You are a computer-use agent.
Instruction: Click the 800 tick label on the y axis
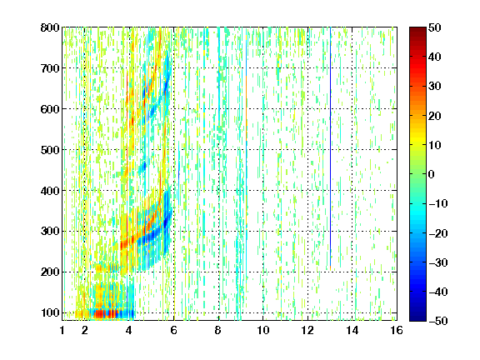point(50,27)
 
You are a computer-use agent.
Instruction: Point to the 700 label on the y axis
point(50,68)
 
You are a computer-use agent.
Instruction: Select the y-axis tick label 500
point(50,150)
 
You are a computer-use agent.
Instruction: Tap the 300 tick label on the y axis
point(50,231)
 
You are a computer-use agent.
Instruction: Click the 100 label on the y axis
point(50,312)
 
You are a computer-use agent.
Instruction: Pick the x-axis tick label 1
point(62,330)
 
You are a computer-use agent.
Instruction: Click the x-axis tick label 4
point(129,330)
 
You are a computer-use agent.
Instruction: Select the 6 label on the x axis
point(174,330)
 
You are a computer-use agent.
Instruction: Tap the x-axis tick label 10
point(263,330)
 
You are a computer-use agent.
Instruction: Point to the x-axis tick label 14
point(352,330)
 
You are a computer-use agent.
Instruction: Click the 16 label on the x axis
point(397,330)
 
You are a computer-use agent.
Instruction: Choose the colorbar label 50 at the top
point(435,27)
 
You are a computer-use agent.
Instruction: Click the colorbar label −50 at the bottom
point(438,321)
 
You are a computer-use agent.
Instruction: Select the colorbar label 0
point(432,174)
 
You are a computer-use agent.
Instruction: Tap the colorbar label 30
point(435,87)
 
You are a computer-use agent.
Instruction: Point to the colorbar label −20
point(438,233)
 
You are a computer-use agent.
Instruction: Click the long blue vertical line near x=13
point(331,147)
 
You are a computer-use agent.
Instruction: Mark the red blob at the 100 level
point(104,314)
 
